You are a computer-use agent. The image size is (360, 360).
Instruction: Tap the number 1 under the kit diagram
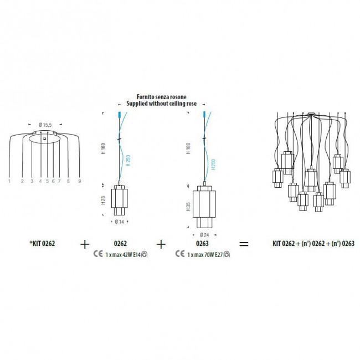coord(10,181)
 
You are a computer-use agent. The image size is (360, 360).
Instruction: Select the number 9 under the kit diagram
coord(80,181)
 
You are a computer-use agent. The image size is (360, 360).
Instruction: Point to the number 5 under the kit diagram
coord(48,181)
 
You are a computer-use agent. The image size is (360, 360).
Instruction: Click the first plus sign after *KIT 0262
coord(85,243)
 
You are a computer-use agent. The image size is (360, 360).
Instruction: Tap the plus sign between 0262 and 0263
coord(161,243)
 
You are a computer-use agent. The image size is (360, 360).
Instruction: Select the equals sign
coord(244,243)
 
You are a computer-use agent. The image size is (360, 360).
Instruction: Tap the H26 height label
coord(104,200)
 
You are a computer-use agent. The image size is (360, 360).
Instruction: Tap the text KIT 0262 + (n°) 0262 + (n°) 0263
coord(313,243)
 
